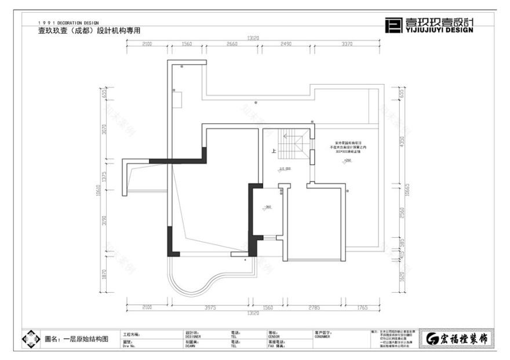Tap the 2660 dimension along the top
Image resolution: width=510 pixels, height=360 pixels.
(232, 44)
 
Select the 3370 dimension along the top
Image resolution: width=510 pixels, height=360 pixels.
(347, 44)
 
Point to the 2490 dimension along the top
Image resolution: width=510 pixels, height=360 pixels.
(285, 44)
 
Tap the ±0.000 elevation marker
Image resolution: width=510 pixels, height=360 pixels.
(285, 169)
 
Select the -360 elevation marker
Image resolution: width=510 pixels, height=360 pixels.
(268, 207)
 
